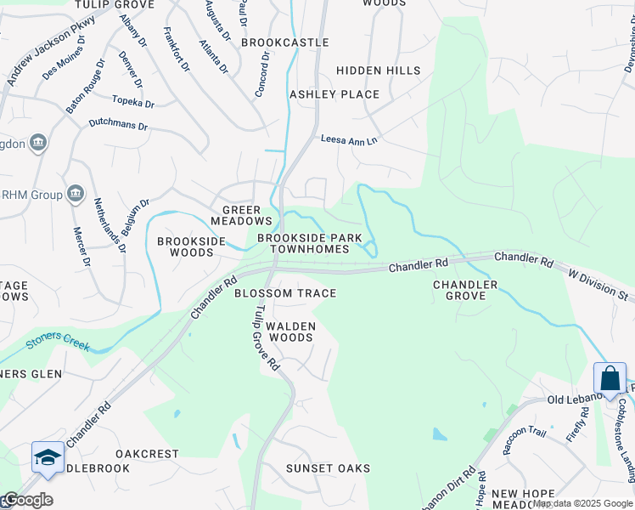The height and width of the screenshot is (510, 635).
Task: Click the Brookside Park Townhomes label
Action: [x=310, y=244]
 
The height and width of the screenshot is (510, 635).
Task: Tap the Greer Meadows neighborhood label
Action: [x=246, y=215]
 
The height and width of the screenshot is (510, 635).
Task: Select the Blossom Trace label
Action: [x=285, y=293]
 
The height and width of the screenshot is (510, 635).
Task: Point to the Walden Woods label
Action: [x=291, y=331]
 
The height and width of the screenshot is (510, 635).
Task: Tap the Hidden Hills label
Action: [x=378, y=71]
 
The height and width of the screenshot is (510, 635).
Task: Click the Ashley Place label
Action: [x=334, y=93]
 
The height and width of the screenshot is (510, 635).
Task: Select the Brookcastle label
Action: [x=284, y=42]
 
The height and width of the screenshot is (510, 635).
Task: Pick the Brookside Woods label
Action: [x=192, y=246]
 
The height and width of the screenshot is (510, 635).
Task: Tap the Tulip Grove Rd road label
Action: [x=267, y=337]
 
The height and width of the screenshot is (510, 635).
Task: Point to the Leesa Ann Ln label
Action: [x=348, y=140]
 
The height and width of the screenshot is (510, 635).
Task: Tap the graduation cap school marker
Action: [x=48, y=457]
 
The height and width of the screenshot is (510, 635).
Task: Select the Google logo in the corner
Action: [x=27, y=500]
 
